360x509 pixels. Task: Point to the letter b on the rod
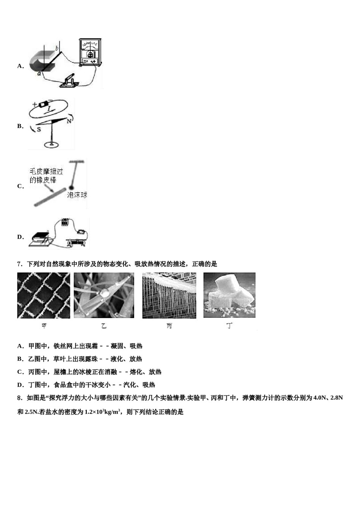point(56,48)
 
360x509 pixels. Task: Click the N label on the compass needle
point(69,121)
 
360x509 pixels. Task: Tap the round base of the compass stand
point(51,144)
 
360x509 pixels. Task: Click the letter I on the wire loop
point(49,109)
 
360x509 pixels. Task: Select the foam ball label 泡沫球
point(77,195)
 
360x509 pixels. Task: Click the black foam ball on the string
point(71,187)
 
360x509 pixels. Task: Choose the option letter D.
point(20,237)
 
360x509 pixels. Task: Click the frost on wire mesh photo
point(44,295)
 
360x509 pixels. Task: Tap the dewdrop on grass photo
point(104,295)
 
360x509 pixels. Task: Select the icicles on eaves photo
point(169,295)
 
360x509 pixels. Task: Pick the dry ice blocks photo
point(229,295)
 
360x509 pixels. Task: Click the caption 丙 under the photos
point(169,326)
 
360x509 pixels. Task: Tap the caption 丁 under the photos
point(229,326)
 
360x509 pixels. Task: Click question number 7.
point(19,264)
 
